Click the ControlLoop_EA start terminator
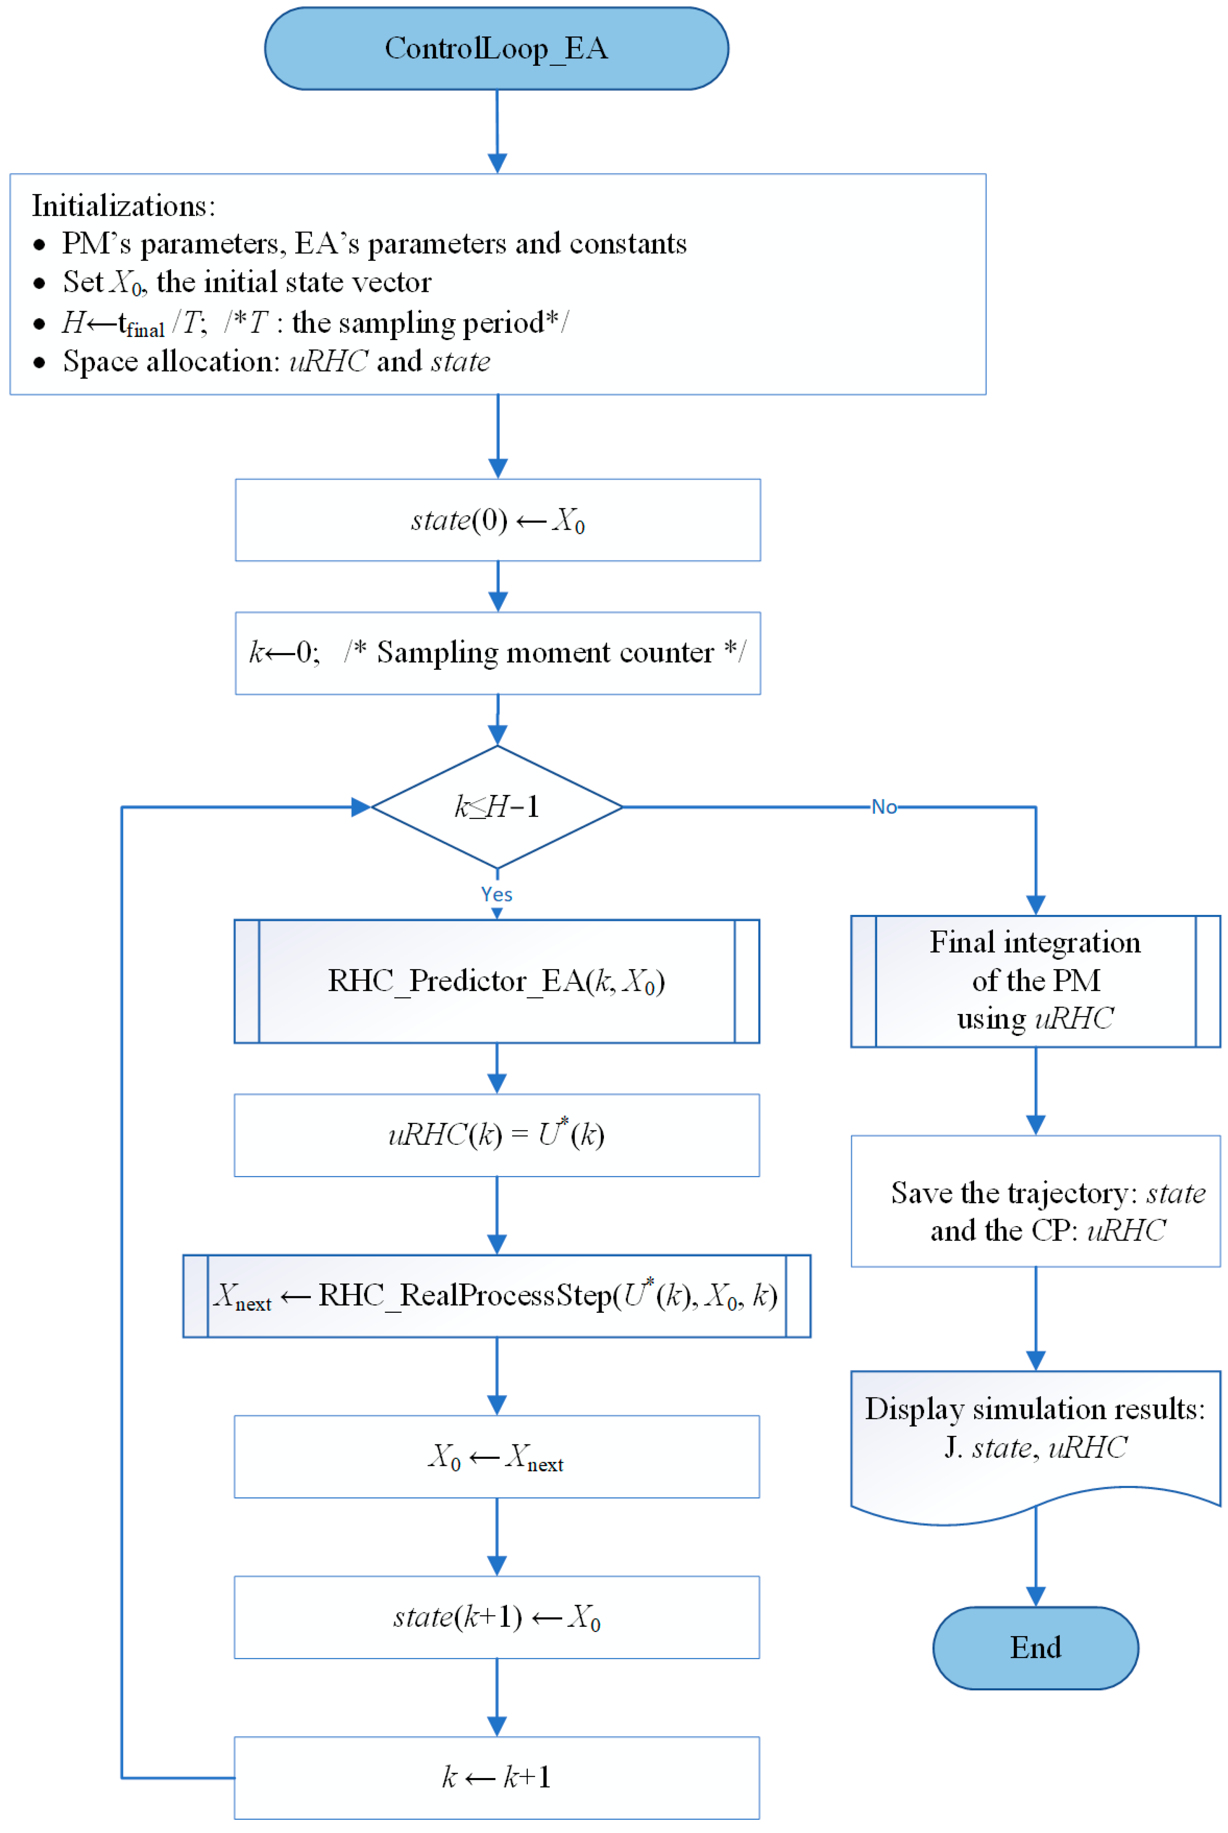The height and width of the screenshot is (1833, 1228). click(496, 49)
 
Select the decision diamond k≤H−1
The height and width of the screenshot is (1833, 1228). click(496, 807)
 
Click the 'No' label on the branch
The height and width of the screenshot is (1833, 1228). click(884, 807)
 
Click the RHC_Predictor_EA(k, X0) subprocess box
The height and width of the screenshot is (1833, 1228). click(496, 981)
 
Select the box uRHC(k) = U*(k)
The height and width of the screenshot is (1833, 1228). click(496, 1135)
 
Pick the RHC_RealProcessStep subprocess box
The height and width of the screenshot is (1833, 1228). click(496, 1296)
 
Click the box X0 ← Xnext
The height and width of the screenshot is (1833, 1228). click(496, 1456)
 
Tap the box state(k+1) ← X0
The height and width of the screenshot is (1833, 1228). click(496, 1617)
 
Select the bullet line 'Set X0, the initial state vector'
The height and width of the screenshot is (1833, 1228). click(247, 282)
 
